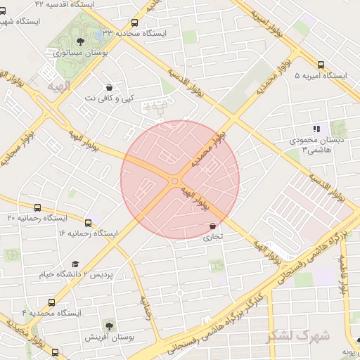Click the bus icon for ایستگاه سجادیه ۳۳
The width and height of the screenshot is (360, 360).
tap(135, 23)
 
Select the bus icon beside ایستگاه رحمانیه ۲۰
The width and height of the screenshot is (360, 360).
tap(37, 207)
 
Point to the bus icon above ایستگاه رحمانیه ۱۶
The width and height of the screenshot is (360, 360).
tap(88, 222)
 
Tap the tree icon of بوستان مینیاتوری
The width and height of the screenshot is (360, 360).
tap(79, 40)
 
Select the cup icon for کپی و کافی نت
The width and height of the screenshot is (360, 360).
tap(109, 87)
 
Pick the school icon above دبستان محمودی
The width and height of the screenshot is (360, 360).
tap(316, 129)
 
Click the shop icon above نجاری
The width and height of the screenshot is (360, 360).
tap(212, 226)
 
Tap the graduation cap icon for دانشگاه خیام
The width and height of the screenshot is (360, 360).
tap(74, 264)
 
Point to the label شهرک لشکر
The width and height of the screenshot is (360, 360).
tap(298, 335)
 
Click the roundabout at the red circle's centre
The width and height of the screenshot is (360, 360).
tap(175, 181)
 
